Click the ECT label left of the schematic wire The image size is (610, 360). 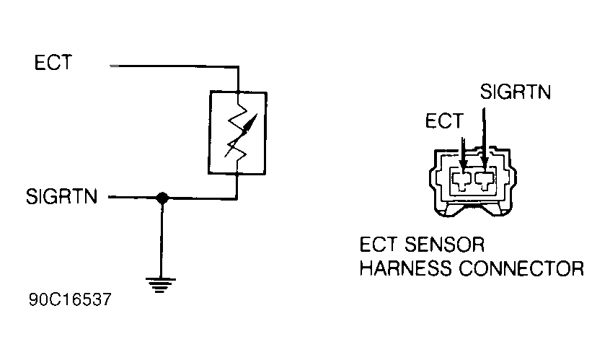tap(53, 63)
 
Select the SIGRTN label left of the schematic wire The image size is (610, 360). tap(61, 196)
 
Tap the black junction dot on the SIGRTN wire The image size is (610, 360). tap(163, 197)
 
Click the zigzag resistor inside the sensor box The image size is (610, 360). tap(237, 133)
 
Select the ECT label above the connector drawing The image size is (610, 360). tap(443, 121)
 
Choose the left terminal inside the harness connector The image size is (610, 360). tap(460, 177)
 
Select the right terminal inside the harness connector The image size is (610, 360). tap(484, 177)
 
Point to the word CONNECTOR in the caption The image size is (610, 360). tap(518, 268)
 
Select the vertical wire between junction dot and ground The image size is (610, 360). tap(163, 238)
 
